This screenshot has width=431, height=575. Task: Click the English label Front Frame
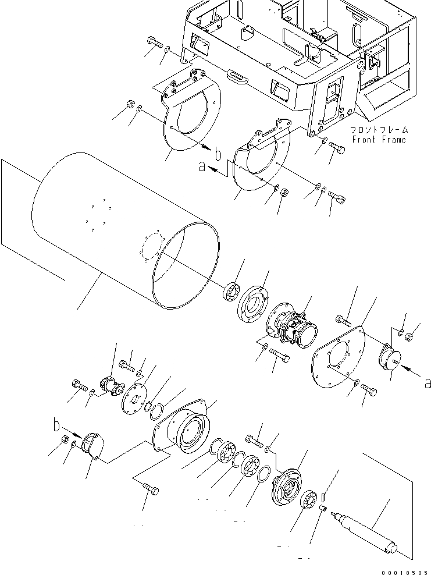[x=379, y=140]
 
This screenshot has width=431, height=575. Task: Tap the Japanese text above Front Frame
[x=379, y=130]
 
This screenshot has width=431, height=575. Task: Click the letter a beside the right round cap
[x=428, y=382]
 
